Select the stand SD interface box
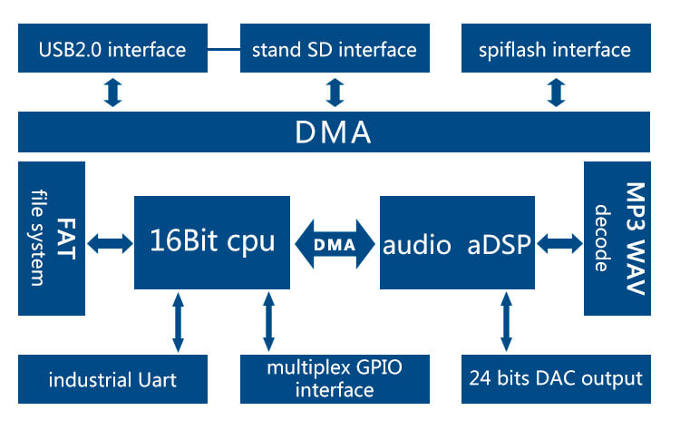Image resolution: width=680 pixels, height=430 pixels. point(334,49)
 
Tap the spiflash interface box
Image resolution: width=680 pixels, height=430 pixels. point(555,49)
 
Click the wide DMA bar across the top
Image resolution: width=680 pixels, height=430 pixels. point(334,133)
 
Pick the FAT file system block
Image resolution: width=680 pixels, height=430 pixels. point(52,238)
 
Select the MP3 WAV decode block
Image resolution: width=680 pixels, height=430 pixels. point(617,238)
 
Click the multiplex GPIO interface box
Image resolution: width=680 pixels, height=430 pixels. point(334,379)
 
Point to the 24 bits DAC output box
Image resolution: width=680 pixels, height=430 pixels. point(555,379)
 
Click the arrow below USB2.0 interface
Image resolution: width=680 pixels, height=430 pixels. point(112,93)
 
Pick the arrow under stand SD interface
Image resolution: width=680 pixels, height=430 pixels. point(334,93)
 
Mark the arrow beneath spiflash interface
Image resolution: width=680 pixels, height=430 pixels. point(555,93)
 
